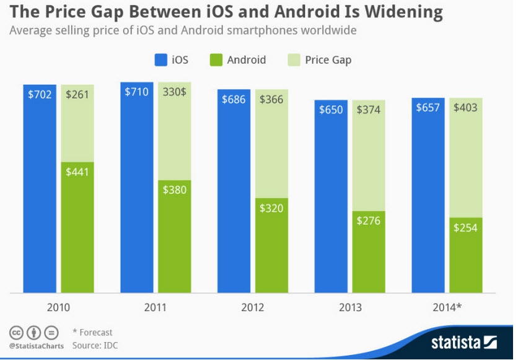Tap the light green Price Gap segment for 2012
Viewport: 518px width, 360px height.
271,149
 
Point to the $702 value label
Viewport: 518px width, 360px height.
40,95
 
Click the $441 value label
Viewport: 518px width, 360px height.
77,172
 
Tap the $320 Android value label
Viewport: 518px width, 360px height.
271,208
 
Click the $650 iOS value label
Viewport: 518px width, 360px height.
331,110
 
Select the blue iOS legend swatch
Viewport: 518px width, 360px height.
160,60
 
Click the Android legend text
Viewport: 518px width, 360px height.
246,60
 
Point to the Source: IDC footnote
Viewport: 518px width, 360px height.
94,345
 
